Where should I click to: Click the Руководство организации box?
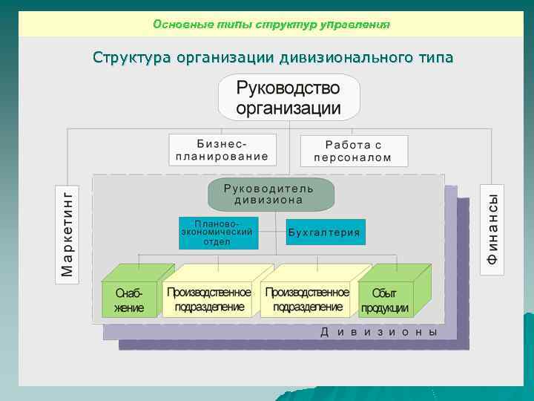[x=289, y=98]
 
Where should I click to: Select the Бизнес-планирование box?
[x=222, y=150]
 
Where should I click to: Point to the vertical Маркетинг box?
[x=67, y=232]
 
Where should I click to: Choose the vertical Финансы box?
[x=492, y=229]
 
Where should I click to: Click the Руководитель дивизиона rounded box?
[x=270, y=194]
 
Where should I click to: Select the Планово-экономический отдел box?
[x=218, y=232]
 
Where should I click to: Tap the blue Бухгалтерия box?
[x=325, y=232]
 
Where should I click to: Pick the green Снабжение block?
[x=129, y=300]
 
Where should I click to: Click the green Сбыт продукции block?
[x=385, y=300]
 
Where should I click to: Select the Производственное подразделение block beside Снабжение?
[x=209, y=299]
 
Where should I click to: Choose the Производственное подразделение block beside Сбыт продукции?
[x=307, y=299]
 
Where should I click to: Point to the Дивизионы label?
[x=379, y=333]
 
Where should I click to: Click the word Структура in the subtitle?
[x=131, y=57]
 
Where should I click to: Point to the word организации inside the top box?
[x=289, y=108]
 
